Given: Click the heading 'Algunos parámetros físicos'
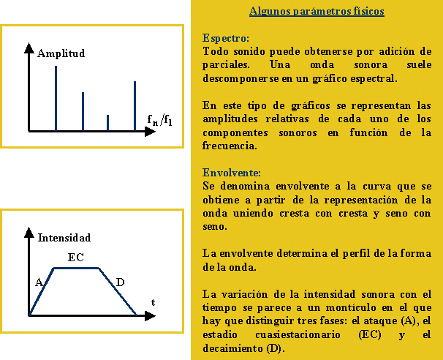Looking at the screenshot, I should [x=317, y=12].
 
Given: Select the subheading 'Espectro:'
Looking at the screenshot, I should [x=226, y=37].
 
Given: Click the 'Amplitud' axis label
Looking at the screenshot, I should [x=61, y=53].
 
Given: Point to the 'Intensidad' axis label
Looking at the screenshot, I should [x=64, y=238].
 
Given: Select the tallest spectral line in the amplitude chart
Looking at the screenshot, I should [x=56, y=98].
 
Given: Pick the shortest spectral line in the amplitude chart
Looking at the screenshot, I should [x=108, y=122].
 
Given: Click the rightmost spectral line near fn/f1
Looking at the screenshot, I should [x=135, y=105].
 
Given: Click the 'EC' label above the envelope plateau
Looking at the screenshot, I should [x=75, y=258].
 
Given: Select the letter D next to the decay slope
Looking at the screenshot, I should [x=120, y=282].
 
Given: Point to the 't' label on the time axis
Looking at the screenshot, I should [x=153, y=301].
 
